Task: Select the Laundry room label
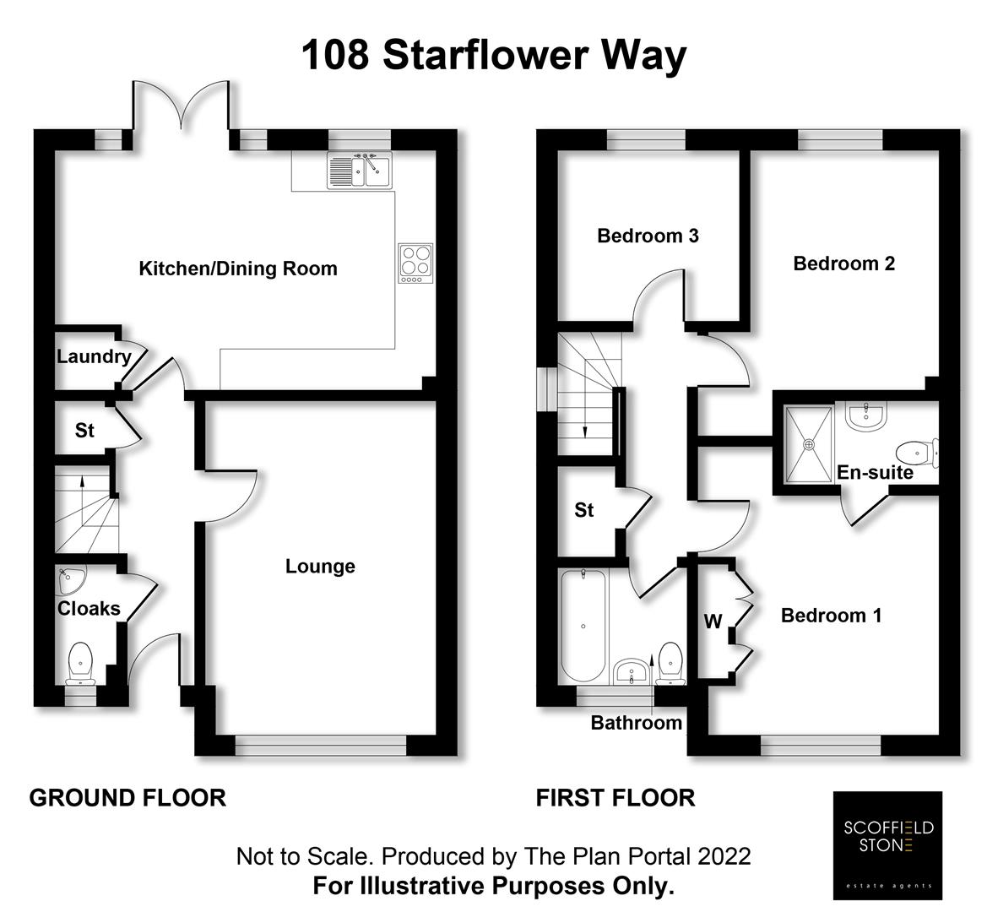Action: pos(93,356)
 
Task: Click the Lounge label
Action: pos(320,566)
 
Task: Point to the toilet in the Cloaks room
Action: pos(81,662)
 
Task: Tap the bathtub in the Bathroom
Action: pos(583,626)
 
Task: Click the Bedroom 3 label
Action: pos(648,236)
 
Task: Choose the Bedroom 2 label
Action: pos(843,263)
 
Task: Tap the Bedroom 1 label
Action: pos(831,616)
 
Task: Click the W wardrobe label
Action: pos(713,622)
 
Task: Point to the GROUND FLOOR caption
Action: pos(127,797)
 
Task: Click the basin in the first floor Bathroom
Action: pos(632,672)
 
